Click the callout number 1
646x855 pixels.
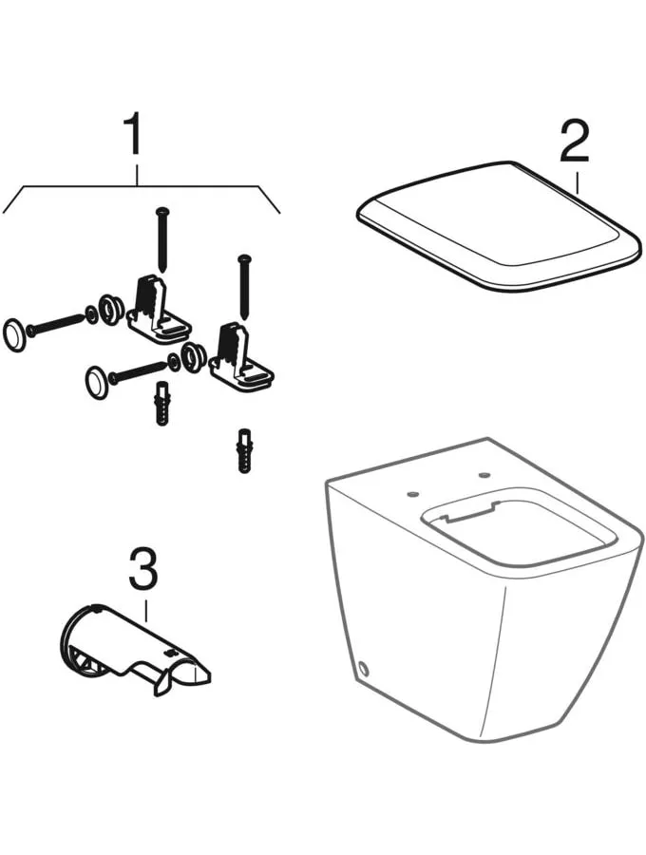coord(133,134)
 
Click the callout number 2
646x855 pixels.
coord(574,141)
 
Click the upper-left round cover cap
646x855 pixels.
coord(13,333)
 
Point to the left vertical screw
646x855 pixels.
coord(161,238)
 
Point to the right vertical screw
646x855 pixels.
coord(244,286)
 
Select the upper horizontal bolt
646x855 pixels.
coord(55,322)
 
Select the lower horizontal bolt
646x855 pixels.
coord(138,370)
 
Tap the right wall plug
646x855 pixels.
coord(244,451)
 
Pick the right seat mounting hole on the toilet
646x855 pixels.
coord(484,476)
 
